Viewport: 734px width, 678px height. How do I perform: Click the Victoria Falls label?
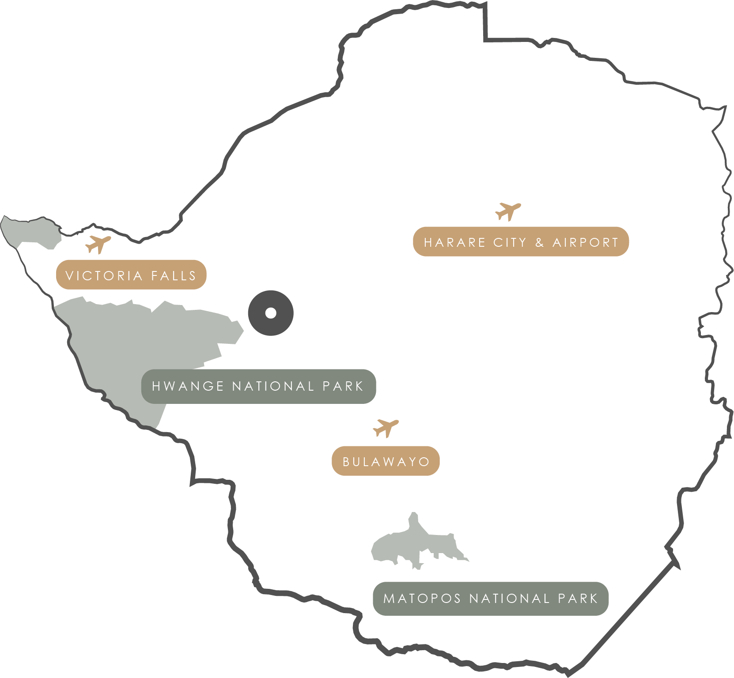tap(131, 275)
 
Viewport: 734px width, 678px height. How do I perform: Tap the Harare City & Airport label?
tap(521, 242)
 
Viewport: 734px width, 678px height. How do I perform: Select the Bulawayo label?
tap(386, 461)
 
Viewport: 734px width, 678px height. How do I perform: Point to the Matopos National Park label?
tap(490, 599)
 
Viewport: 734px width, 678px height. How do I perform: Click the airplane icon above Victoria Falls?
tap(98, 244)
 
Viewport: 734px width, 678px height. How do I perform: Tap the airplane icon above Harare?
tap(508, 211)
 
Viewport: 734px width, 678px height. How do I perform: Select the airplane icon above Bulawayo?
tap(386, 427)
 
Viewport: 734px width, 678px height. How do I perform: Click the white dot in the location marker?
tap(271, 313)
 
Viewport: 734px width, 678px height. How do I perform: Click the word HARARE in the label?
tap(448, 242)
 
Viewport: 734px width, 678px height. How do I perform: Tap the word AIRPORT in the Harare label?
tap(585, 242)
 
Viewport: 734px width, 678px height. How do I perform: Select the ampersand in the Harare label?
tap(539, 242)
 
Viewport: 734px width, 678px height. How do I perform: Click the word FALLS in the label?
tap(174, 276)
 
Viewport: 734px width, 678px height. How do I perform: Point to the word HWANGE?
tap(188, 386)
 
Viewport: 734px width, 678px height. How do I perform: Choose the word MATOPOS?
tap(422, 599)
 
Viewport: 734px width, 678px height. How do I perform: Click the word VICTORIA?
tap(104, 276)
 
